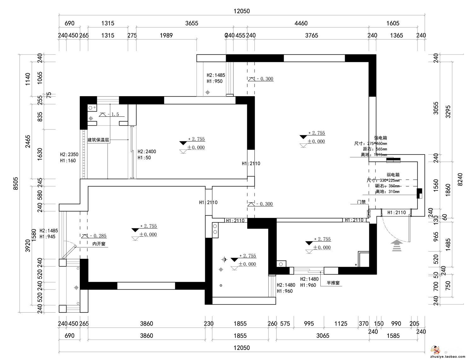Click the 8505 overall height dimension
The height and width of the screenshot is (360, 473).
(x=16, y=183)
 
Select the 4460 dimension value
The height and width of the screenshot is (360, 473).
(x=301, y=23)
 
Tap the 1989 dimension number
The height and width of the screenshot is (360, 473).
(x=166, y=35)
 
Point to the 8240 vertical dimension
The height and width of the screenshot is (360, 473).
(x=460, y=179)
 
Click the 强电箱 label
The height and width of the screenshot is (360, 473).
(x=381, y=138)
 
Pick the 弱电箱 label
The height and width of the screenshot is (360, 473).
(x=393, y=175)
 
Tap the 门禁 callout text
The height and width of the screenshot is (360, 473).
(x=361, y=202)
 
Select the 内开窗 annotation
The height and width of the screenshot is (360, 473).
(x=99, y=244)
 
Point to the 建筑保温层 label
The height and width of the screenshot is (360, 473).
(x=98, y=140)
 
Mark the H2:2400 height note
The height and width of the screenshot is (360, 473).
(x=147, y=152)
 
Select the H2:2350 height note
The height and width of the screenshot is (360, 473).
(x=69, y=154)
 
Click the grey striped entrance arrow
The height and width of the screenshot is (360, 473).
(x=397, y=246)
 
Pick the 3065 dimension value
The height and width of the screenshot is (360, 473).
(x=323, y=336)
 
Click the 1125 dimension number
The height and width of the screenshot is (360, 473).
(x=341, y=323)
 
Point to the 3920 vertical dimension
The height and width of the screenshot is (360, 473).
(x=28, y=246)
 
